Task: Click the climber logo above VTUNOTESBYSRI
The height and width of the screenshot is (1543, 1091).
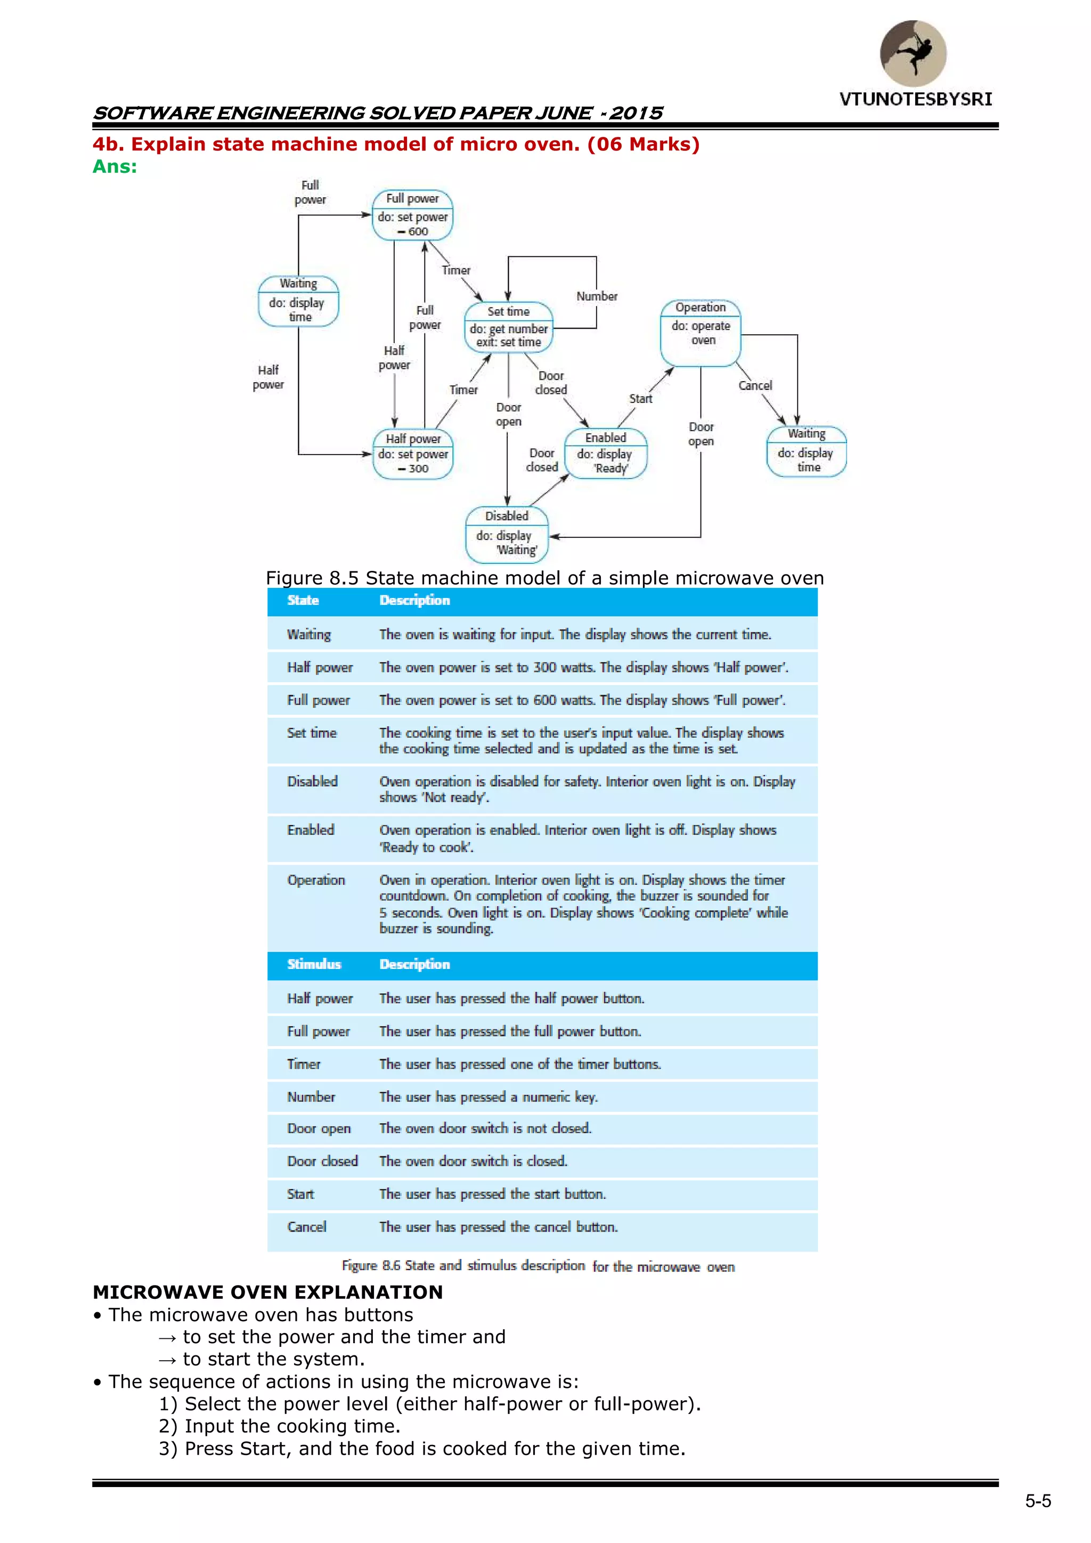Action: tap(913, 53)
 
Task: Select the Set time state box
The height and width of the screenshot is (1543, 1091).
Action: tap(509, 327)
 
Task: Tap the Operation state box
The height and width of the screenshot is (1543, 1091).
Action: tap(701, 332)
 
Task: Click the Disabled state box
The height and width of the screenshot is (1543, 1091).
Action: tap(507, 534)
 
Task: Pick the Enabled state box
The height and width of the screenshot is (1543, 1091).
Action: tap(605, 454)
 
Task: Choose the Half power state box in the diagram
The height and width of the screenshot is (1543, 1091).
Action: tap(413, 454)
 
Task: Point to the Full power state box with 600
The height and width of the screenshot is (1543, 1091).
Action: tap(412, 215)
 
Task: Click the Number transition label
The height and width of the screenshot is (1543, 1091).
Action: tap(597, 296)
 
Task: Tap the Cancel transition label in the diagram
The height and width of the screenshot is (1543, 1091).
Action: tap(755, 386)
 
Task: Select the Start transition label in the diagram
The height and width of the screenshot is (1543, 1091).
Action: tap(640, 399)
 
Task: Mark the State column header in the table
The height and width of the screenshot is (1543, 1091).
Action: tap(303, 601)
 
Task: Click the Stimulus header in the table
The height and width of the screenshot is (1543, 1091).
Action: tap(314, 964)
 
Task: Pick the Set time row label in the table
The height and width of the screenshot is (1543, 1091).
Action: tap(312, 733)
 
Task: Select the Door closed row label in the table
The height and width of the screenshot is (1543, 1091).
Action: tap(322, 1161)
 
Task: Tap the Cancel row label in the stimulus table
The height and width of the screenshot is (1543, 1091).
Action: tap(307, 1227)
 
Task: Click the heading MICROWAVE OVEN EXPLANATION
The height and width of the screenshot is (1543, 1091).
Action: tap(267, 1292)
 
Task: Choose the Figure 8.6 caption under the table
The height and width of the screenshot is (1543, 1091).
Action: tap(538, 1266)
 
